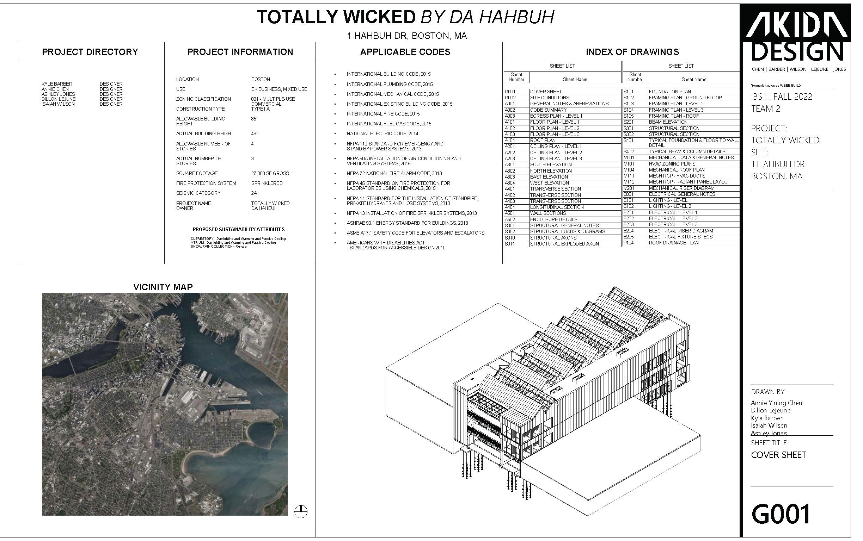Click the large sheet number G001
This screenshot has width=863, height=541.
point(781,514)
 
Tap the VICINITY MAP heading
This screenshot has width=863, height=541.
point(163,287)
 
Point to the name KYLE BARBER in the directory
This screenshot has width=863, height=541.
point(56,84)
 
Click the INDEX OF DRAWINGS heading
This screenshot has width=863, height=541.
point(632,52)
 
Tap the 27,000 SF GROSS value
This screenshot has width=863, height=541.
point(270,174)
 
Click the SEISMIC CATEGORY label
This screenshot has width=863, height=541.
point(198,193)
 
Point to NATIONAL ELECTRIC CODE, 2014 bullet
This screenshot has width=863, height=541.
point(382,134)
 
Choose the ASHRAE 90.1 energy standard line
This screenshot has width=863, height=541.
point(407,223)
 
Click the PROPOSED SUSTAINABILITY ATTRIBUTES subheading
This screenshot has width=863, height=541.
point(239,229)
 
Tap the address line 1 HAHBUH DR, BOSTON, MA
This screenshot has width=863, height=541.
point(407,36)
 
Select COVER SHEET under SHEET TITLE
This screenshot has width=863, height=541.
point(778,455)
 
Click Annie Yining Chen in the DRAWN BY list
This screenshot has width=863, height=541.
point(776,403)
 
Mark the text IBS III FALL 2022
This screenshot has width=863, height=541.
point(782,97)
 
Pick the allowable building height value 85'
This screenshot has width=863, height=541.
point(254,119)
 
